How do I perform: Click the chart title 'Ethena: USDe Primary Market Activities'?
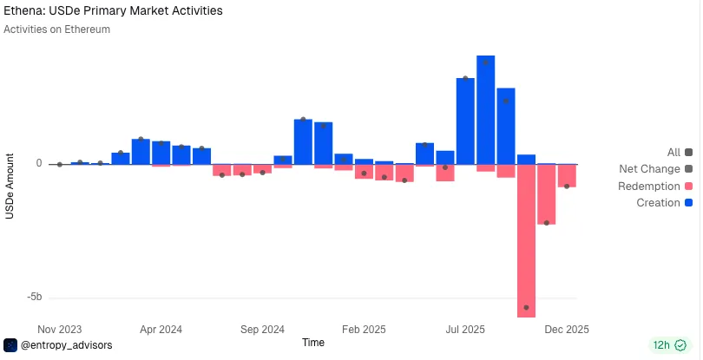pos(113,11)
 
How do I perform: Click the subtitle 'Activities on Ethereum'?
pos(56,29)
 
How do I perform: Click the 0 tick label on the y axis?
pos(38,163)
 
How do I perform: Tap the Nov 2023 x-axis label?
pos(60,330)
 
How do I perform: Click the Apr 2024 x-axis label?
pos(161,330)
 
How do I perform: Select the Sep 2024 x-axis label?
pos(262,330)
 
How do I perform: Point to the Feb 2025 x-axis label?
pos(364,330)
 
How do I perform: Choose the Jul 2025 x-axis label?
pos(465,330)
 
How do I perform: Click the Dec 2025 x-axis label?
pos(566,330)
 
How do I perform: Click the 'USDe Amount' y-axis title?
pos(10,186)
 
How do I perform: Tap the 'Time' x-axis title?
pos(313,343)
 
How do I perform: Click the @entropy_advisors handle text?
pos(66,345)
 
